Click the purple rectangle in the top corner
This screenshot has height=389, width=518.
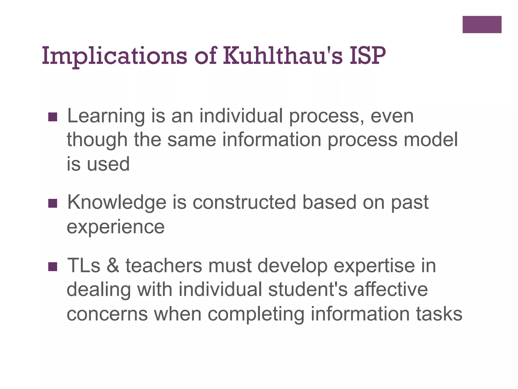[482, 25]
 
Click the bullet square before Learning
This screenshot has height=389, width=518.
[53, 117]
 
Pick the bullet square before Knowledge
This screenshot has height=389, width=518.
[53, 203]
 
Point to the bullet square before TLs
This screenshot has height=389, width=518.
[53, 266]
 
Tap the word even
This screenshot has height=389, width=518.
[392, 116]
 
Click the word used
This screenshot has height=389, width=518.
[108, 164]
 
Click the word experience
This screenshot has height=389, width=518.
[116, 227]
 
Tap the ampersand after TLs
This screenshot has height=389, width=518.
[113, 265]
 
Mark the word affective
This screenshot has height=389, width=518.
[391, 289]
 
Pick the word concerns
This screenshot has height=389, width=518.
[107, 314]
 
